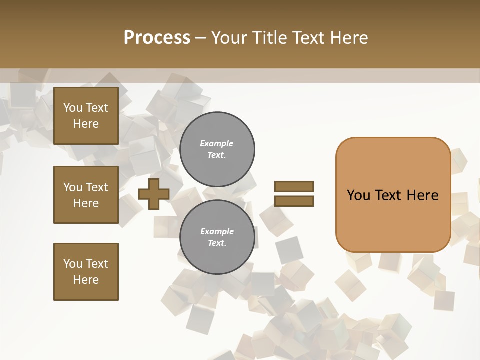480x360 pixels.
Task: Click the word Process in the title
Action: click(x=157, y=38)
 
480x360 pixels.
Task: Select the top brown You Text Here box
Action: click(x=86, y=116)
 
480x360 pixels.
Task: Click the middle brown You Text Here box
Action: click(x=86, y=195)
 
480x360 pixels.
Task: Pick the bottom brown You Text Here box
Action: click(x=86, y=272)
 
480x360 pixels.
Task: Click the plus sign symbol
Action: click(x=154, y=194)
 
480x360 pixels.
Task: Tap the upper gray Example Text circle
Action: click(x=217, y=149)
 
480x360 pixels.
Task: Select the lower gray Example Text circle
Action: click(x=217, y=237)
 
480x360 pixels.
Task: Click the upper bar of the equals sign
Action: click(x=294, y=186)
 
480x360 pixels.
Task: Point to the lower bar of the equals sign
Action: click(x=294, y=201)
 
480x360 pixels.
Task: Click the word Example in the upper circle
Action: click(x=217, y=144)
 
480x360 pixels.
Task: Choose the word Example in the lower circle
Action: click(x=217, y=232)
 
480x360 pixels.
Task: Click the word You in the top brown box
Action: click(x=73, y=108)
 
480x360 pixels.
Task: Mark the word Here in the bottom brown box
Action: click(x=86, y=280)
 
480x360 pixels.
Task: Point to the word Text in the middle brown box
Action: click(x=97, y=187)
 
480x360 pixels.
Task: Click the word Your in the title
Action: click(x=227, y=38)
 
